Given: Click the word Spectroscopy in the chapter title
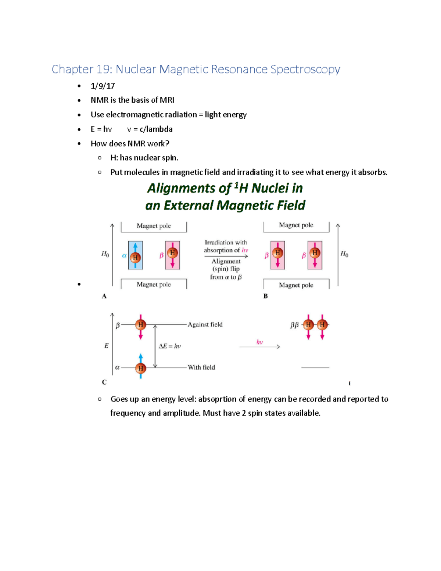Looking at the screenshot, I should coord(305,69).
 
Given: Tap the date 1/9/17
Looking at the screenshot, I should coord(103,86).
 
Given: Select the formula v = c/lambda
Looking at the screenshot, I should coord(150,129).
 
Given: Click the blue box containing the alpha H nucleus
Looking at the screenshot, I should coord(135,256).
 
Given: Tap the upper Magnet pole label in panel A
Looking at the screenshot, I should coord(154,226).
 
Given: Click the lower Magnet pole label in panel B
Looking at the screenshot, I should coord(296,285).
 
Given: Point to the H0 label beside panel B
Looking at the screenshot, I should coord(344,254).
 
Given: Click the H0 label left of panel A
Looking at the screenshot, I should coord(105,254).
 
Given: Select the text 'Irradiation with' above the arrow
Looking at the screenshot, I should coord(226,242).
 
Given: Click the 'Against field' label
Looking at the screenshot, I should coord(205,324).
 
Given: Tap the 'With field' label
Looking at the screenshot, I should coord(201,367).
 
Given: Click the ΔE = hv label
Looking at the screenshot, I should coord(169,346).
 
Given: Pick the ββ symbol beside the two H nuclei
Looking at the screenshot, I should coord(294,325).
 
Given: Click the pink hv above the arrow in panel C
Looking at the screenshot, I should coord(259,342).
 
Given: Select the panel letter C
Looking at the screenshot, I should coord(104,382).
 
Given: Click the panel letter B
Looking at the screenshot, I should coord(265,296).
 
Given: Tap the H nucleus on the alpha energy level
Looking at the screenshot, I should coord(140,368).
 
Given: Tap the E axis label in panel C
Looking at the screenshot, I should coord(106,346).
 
